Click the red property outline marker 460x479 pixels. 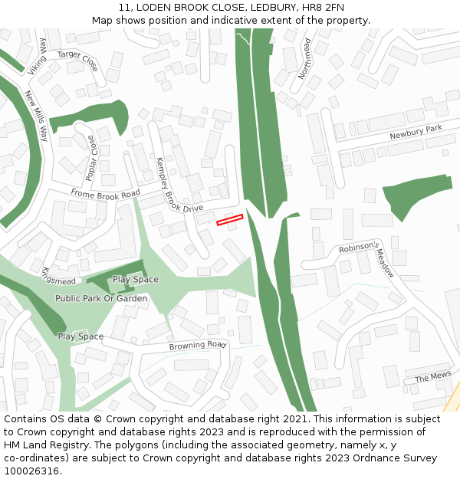click(x=229, y=220)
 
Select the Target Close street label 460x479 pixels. click(x=78, y=60)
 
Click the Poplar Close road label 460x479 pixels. click(x=92, y=158)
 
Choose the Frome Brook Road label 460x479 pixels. click(x=106, y=193)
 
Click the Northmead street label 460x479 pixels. click(x=305, y=60)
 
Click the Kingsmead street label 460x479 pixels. click(x=59, y=276)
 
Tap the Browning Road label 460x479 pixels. click(x=198, y=346)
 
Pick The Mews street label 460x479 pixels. click(x=433, y=377)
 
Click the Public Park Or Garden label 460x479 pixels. click(x=101, y=298)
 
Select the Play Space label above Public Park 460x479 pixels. click(x=136, y=280)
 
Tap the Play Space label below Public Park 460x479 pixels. click(x=80, y=336)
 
